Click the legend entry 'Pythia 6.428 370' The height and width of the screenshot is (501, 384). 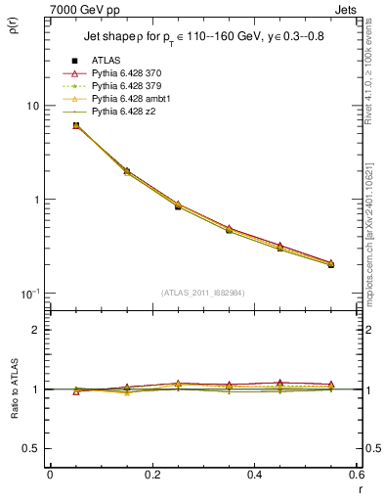tap(132, 74)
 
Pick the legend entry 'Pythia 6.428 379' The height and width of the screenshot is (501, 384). tap(132, 87)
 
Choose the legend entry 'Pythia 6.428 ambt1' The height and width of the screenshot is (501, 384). tap(136, 100)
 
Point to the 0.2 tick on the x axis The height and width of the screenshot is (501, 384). tap(151, 474)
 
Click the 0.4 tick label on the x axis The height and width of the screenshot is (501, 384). tap(254, 474)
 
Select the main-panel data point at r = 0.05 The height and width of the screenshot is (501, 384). tap(76, 125)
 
